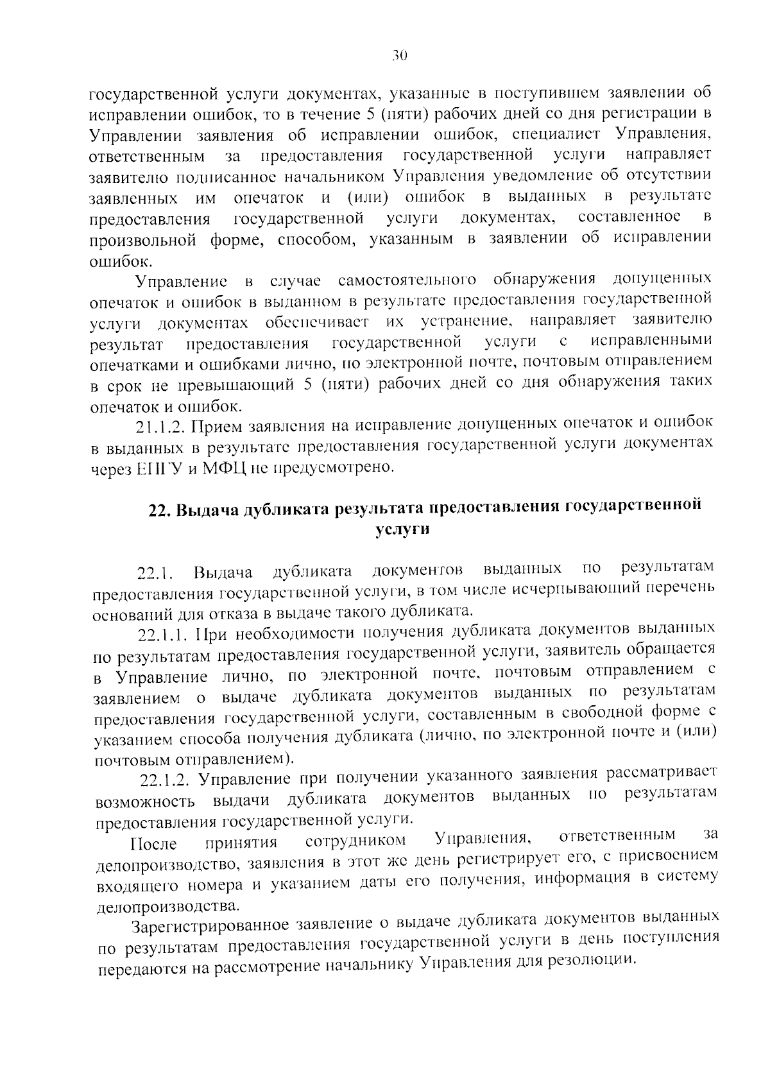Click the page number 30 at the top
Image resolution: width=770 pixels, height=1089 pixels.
pyautogui.click(x=399, y=56)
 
